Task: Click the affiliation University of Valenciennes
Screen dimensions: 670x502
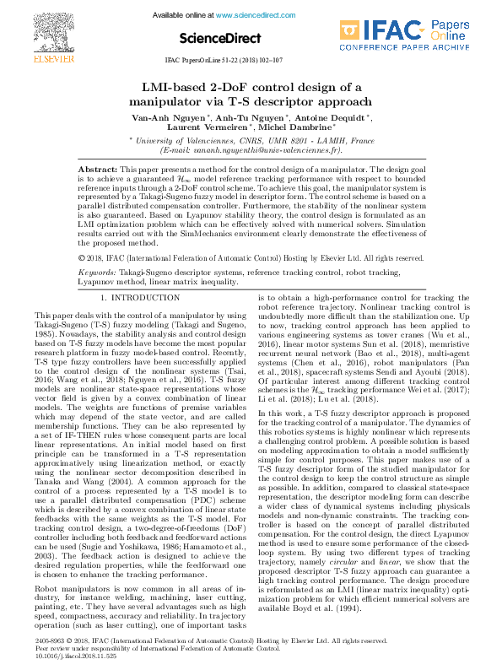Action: click(x=193, y=140)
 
